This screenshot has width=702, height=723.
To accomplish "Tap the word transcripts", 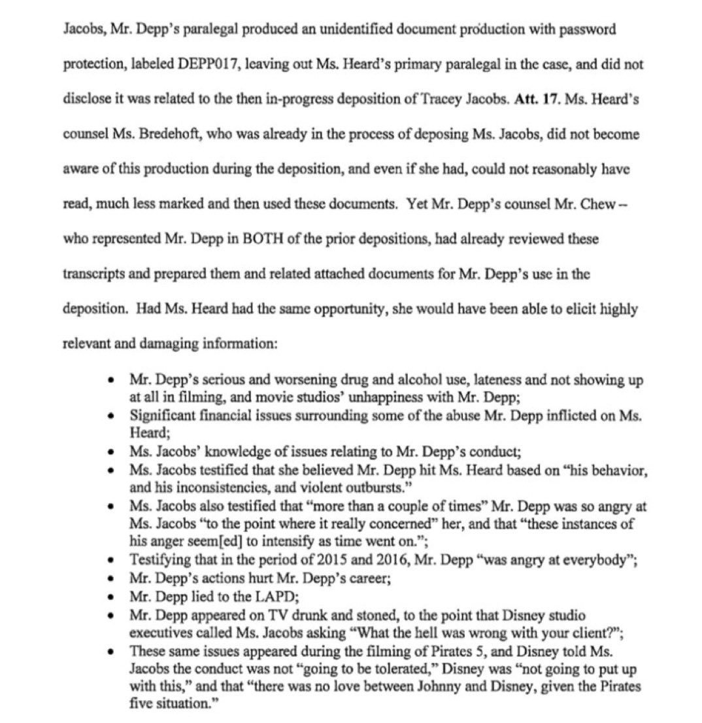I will [92, 275].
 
